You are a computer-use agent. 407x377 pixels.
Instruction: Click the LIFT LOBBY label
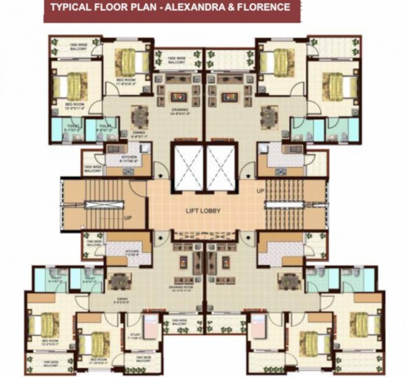pos(203,211)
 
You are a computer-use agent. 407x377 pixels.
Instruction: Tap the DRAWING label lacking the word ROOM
pos(177,110)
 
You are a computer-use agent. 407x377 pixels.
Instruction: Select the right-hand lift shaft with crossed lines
pos(220,166)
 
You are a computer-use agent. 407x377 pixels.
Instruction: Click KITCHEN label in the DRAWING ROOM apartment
pos(119,254)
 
